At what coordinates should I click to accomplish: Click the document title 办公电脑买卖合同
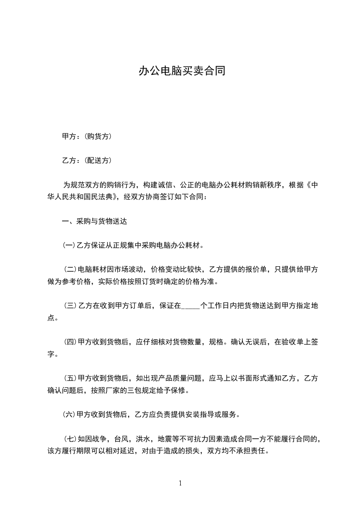point(182,72)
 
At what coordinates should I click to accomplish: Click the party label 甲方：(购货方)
point(87,136)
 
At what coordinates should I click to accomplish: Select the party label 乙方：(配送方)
point(87,160)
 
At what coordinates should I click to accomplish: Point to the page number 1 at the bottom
point(180,484)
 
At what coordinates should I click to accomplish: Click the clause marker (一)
point(69,246)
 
